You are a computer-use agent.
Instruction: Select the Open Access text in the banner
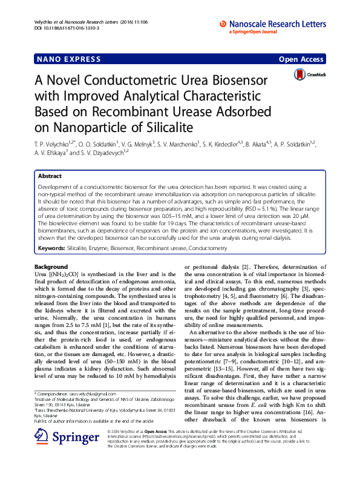[x=301, y=59]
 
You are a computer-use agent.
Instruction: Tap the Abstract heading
[x=50, y=176]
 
